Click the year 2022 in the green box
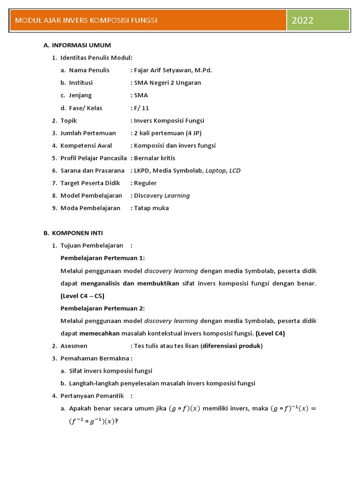(302, 20)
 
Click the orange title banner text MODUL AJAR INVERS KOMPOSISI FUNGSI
(86, 20)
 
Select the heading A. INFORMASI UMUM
(77, 45)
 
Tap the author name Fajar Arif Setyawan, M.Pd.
(173, 70)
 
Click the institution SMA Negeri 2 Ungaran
(167, 82)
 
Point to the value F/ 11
(141, 108)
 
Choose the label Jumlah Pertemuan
(88, 133)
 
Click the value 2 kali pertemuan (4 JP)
(168, 133)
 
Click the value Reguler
(145, 183)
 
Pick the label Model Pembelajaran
(91, 195)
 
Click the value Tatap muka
(151, 208)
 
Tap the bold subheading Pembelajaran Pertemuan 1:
(103, 258)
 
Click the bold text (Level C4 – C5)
(82, 296)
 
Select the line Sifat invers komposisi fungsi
(111, 371)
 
